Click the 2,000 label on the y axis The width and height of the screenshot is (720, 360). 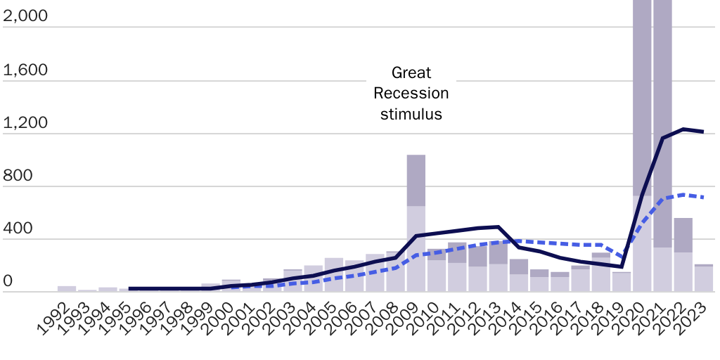click(x=25, y=15)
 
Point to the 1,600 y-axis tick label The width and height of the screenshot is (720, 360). click(x=25, y=70)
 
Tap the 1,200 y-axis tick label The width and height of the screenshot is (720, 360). click(x=25, y=122)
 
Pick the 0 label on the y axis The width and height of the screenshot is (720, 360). click(x=8, y=281)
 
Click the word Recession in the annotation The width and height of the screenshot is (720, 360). click(x=411, y=93)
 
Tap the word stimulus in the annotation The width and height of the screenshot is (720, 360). click(x=411, y=113)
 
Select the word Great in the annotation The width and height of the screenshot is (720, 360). click(x=411, y=72)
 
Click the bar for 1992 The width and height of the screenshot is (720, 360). click(x=67, y=288)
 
